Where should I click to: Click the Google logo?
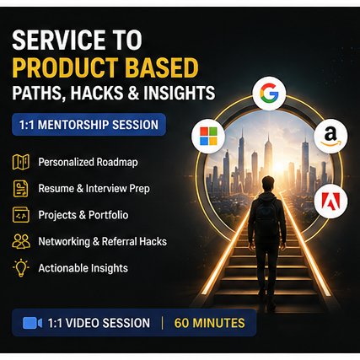pyautogui.click(x=269, y=93)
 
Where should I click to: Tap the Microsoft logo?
pyautogui.click(x=208, y=136)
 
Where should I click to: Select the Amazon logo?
pyautogui.click(x=330, y=136)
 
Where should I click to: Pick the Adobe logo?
pyautogui.click(x=330, y=201)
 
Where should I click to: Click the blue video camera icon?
pyautogui.click(x=32, y=323)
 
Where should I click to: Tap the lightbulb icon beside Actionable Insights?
pyautogui.click(x=21, y=268)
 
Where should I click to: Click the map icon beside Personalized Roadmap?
pyautogui.click(x=21, y=162)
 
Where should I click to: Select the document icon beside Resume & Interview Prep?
pyautogui.click(x=21, y=189)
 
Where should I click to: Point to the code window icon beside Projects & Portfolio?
pyautogui.click(x=21, y=215)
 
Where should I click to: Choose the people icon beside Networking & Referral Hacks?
pyautogui.click(x=21, y=241)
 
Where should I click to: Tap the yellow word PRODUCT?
pyautogui.click(x=65, y=67)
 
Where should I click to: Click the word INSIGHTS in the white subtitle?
pyautogui.click(x=180, y=93)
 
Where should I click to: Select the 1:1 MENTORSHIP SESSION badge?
pyautogui.click(x=89, y=125)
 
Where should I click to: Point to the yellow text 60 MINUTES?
pyautogui.click(x=209, y=323)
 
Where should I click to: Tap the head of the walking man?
pyautogui.click(x=267, y=185)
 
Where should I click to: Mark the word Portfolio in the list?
pyautogui.click(x=109, y=215)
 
